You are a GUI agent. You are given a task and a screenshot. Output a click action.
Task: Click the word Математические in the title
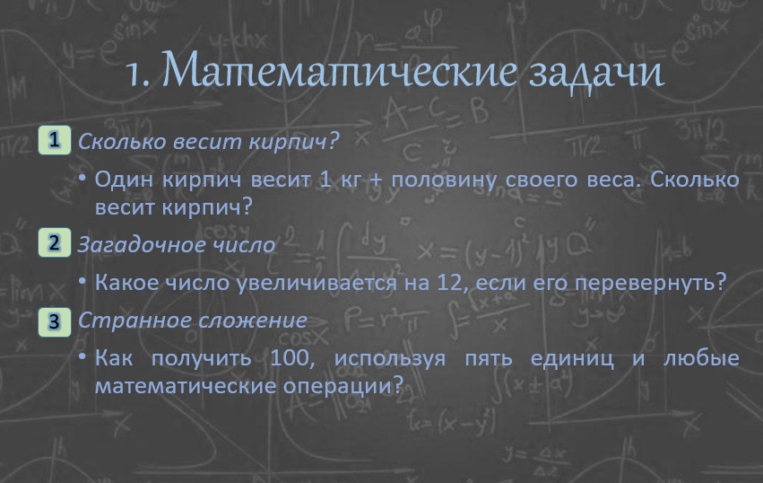pos(339,70)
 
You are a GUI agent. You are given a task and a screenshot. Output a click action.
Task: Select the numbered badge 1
pos(55,140)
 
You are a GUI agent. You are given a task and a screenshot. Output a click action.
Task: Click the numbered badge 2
pos(55,242)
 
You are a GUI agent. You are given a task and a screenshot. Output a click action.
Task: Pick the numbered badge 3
pos(55,321)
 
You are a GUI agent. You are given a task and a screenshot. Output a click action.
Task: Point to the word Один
pos(124,180)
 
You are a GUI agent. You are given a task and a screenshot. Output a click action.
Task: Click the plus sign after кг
pos(376,180)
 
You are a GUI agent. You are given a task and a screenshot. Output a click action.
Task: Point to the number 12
pos(449,283)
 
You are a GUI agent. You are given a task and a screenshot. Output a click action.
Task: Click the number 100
pos(289,358)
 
